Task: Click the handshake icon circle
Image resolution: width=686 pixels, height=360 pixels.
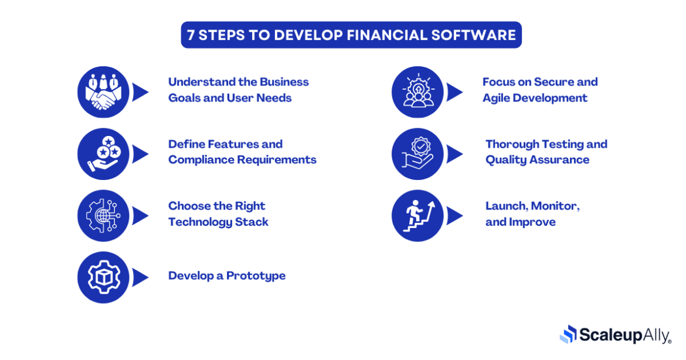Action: pos(103,92)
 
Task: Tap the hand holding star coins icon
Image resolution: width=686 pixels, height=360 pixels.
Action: pos(103,154)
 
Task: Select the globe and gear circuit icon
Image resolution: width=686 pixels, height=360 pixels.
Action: pos(103,216)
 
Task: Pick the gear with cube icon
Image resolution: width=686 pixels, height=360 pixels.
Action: pos(103,277)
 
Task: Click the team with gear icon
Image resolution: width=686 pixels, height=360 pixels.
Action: pos(417,92)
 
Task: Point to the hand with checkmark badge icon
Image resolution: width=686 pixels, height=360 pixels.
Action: pos(417,154)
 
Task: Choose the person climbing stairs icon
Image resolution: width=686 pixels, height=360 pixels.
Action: pos(417,216)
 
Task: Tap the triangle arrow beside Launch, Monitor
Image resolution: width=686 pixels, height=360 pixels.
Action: pos(454,216)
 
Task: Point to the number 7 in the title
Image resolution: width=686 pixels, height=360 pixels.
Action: pos(191,35)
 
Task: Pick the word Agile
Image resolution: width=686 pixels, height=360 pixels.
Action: pos(498,98)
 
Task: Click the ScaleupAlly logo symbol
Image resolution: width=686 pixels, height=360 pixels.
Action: pos(568,334)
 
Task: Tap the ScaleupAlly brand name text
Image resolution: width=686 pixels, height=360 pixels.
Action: pos(624,335)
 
